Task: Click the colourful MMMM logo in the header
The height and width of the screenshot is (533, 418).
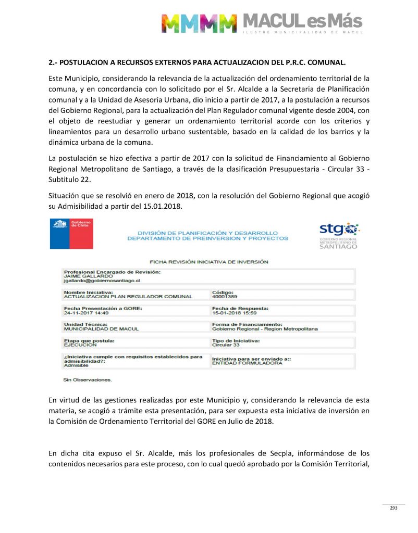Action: [198, 23]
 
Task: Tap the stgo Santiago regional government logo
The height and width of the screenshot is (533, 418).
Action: [338, 235]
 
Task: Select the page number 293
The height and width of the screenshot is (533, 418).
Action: [394, 508]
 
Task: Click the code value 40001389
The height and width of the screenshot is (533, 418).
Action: [224, 296]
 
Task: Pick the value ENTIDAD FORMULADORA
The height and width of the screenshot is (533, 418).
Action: [247, 363]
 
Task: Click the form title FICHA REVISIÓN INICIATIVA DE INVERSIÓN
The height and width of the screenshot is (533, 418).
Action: [208, 262]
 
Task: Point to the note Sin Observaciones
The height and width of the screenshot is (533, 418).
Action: [87, 380]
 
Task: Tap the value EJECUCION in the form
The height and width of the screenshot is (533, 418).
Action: [80, 345]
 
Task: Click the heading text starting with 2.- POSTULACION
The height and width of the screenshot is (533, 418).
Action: [197, 63]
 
